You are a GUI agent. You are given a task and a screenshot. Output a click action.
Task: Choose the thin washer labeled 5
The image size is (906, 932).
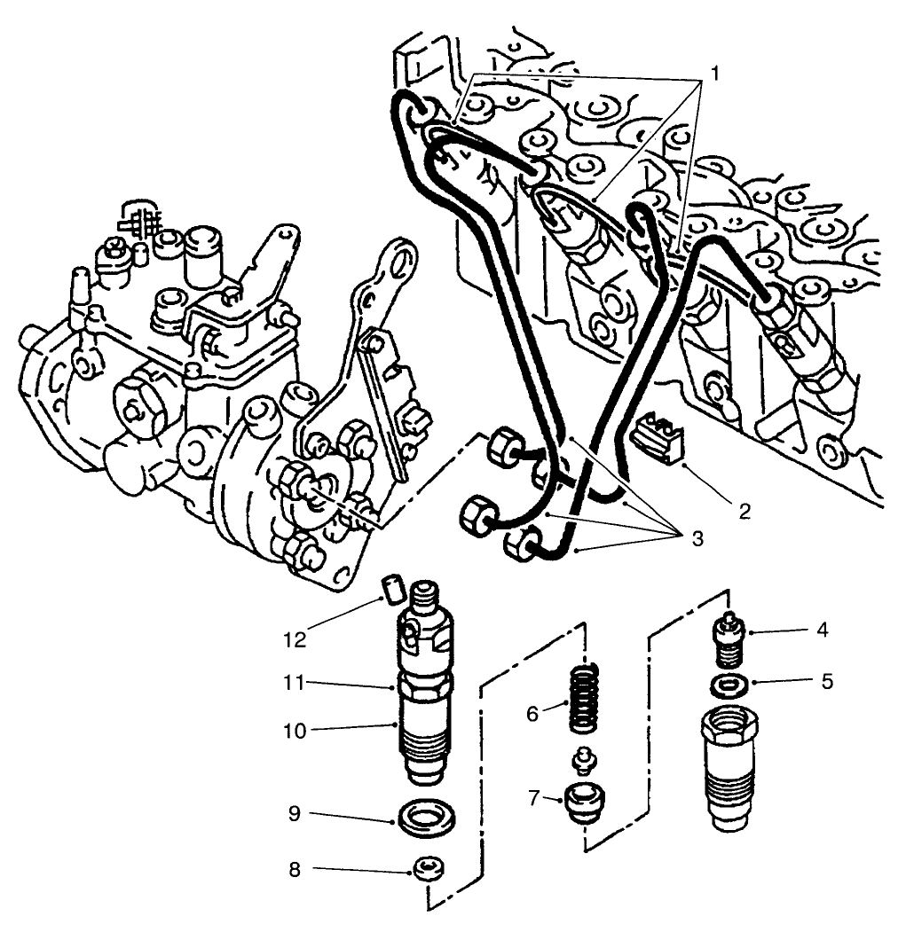tap(727, 685)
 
